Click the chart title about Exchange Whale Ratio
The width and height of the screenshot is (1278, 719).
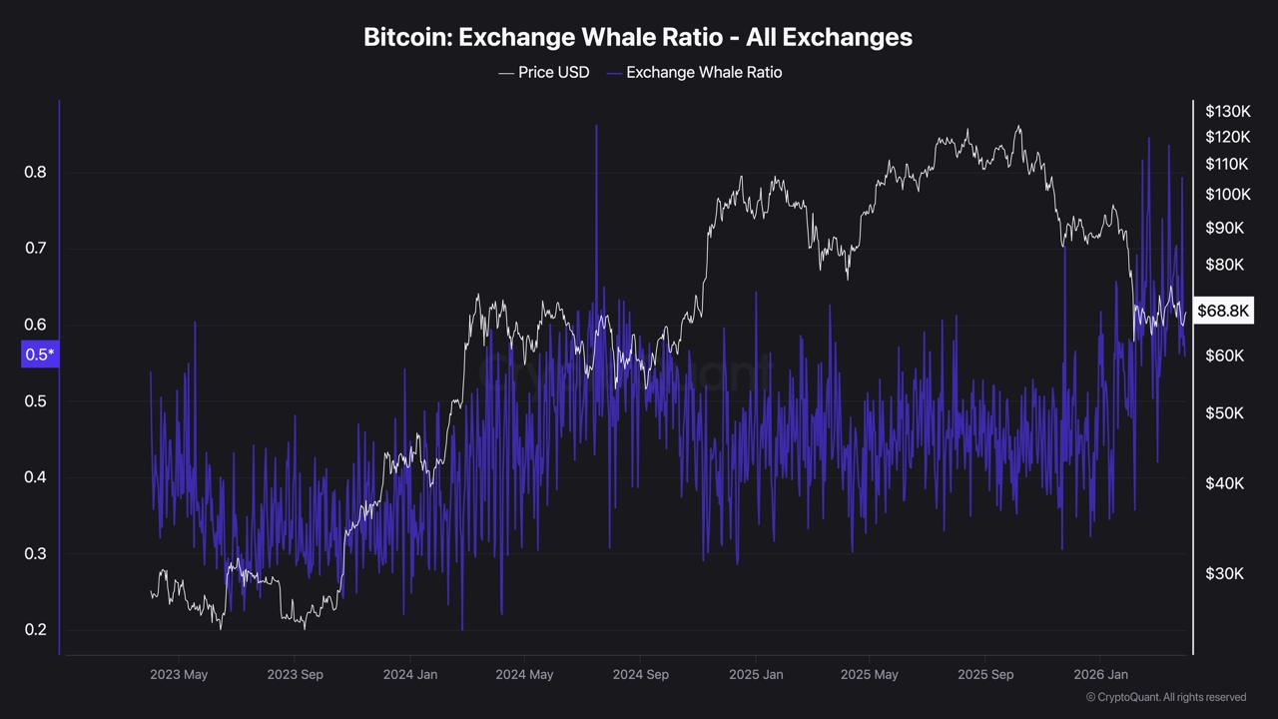[638, 37]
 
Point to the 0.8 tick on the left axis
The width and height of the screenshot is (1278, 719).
[35, 172]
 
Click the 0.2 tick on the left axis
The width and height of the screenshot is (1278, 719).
[35, 629]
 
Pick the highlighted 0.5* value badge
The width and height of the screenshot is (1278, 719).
[40, 355]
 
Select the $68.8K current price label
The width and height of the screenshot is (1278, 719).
[1223, 312]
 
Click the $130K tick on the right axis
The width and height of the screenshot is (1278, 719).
[1227, 111]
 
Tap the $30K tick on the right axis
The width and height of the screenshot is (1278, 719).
[1224, 573]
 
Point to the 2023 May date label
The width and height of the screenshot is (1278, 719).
[179, 674]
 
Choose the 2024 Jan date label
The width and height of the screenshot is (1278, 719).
[410, 674]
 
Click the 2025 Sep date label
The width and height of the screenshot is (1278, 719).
[985, 674]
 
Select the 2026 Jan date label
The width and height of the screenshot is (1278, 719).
[1100, 674]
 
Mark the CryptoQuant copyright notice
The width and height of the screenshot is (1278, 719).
[1165, 697]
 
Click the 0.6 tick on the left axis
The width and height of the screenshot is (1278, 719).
[35, 325]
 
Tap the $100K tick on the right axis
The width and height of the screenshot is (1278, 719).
[1227, 194]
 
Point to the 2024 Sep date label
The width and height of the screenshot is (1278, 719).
[640, 674]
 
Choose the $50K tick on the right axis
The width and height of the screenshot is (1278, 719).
[1224, 412]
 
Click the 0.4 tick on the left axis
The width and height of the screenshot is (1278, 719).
[35, 477]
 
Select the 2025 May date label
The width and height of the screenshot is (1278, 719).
[870, 674]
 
